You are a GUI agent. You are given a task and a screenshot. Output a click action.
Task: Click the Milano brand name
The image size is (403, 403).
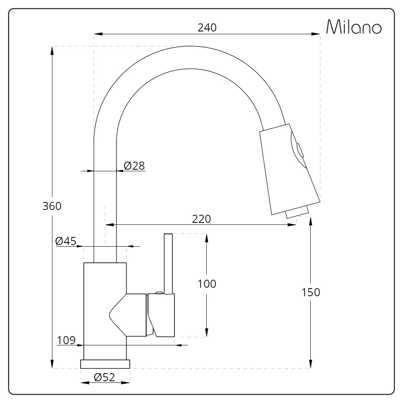click(353, 27)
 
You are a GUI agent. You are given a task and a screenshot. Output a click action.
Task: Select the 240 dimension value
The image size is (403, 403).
click(207, 27)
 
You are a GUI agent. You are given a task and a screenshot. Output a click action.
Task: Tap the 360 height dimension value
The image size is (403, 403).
click(52, 206)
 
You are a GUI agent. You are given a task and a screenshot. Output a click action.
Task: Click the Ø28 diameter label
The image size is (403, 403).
click(134, 165)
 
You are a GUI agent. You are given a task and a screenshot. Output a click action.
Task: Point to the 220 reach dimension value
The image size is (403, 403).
click(201, 219)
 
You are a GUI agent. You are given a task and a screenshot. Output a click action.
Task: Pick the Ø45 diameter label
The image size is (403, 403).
click(66, 241)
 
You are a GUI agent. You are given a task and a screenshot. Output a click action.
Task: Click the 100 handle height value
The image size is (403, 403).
click(207, 284)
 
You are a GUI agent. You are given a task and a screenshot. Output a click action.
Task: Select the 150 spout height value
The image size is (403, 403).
click(311, 293)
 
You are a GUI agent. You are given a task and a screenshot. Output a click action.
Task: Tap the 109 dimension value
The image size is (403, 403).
click(66, 340)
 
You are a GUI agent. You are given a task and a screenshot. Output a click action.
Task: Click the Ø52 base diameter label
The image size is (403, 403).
click(104, 378)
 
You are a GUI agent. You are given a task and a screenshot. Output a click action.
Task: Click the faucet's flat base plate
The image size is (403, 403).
click(105, 364)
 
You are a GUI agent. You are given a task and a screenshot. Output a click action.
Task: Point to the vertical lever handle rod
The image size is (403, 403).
click(168, 262)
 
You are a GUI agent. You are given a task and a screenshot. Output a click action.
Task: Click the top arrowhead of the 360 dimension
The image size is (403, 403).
click(52, 50)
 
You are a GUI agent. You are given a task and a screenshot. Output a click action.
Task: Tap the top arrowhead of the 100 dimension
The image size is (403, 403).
click(206, 237)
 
